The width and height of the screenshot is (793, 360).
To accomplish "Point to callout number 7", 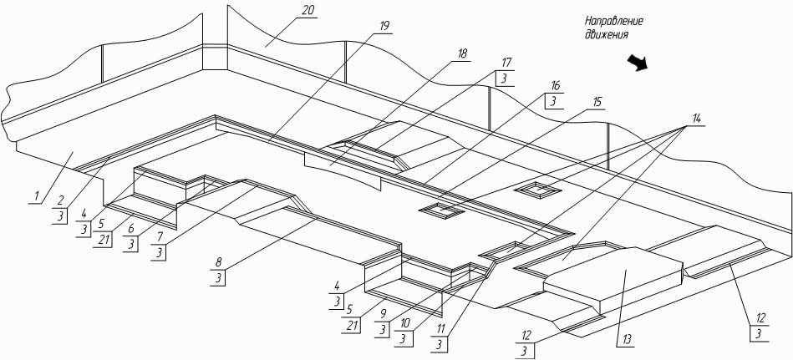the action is coord(160,236).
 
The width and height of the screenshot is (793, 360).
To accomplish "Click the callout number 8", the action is coord(219,262).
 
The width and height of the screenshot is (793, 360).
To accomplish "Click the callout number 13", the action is coord(626,339).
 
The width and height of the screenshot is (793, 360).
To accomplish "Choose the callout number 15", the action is coord(597,102).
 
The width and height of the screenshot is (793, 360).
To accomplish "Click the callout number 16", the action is coord(555,86).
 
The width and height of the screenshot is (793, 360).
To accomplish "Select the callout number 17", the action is coord(506,63).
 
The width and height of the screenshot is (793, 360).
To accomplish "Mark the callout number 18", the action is coord(462,53).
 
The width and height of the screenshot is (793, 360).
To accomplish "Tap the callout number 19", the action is coord(384,26).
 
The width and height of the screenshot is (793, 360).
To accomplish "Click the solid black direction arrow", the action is coord(638,63).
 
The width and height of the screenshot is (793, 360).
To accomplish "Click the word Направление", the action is coord(614,22).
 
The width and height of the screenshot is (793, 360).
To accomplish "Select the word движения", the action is coord(607,34).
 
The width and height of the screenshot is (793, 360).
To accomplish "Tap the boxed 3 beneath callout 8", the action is coord(219,278).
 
